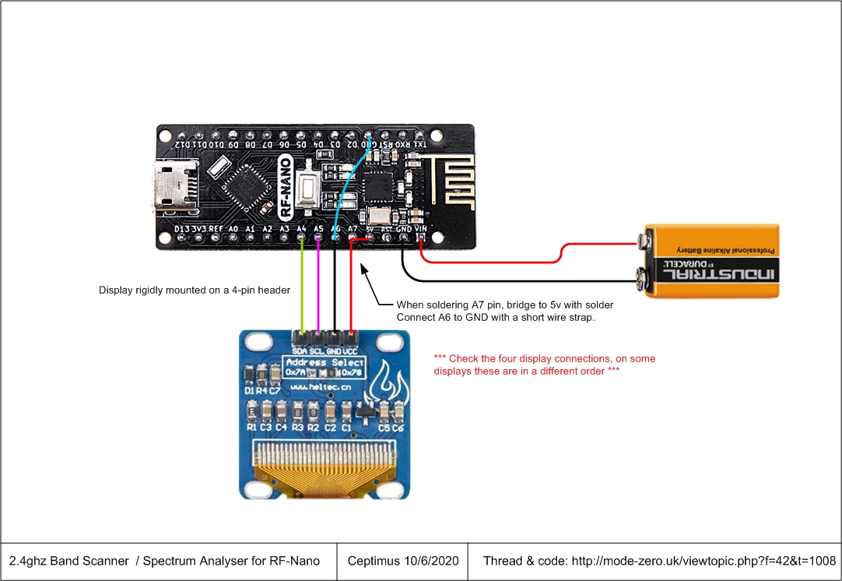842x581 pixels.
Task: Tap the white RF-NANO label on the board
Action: tap(286, 187)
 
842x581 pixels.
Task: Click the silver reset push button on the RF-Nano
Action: tap(310, 188)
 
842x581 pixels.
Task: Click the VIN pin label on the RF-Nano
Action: tap(421, 228)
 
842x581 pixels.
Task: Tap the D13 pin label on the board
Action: tap(182, 228)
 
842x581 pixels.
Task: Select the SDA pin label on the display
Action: tap(300, 351)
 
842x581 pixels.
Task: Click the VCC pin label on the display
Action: tap(352, 351)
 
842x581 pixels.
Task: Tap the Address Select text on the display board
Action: tap(325, 362)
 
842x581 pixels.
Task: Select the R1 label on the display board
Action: tap(251, 428)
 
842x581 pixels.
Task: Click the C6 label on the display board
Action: tap(398, 428)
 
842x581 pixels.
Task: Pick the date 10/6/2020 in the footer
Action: tap(431, 561)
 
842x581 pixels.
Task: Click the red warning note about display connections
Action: tap(545, 364)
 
